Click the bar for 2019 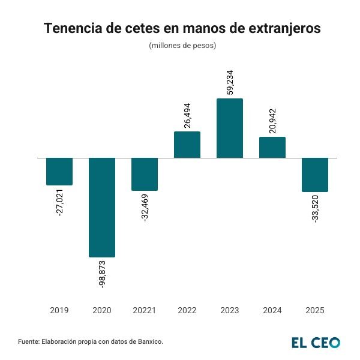pos(59,172)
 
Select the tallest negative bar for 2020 pos(102,208)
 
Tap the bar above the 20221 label pos(145,174)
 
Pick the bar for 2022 pos(187,145)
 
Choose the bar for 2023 pos(230,128)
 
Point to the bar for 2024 pos(272,148)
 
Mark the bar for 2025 pos(315,175)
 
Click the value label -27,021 pos(59,203)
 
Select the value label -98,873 pos(102,274)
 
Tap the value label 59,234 pos(230,81)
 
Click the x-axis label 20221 pos(145,310)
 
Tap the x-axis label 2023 pos(230,310)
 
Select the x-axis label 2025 pos(315,310)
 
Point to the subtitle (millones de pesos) pos(182,46)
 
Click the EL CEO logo pos(316,343)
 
